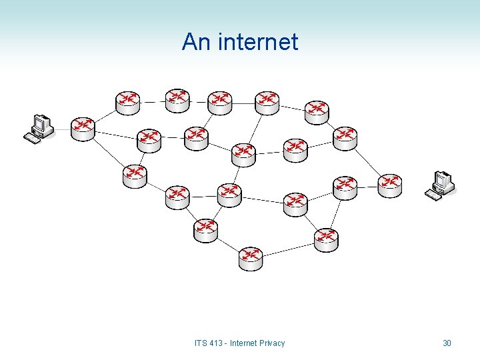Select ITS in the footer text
pyautogui.click(x=201, y=343)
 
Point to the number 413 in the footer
pyautogui.click(x=217, y=343)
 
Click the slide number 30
pyautogui.click(x=447, y=343)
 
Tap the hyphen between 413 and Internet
pyautogui.click(x=227, y=343)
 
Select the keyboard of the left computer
pyautogui.click(x=31, y=139)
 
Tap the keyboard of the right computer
pyautogui.click(x=433, y=195)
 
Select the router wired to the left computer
pyautogui.click(x=83, y=128)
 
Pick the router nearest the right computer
pyautogui.click(x=390, y=185)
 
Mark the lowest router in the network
pyautogui.click(x=251, y=258)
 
